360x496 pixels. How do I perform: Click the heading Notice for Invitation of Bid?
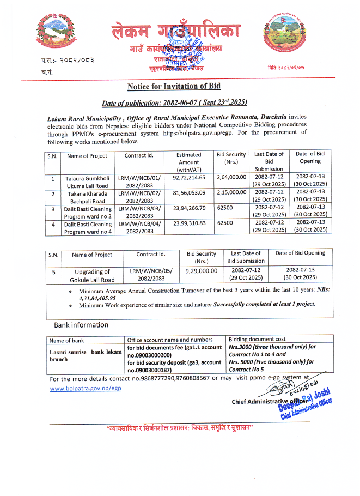[174, 87]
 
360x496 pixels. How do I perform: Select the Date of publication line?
[174, 103]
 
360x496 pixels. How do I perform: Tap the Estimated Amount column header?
[188, 162]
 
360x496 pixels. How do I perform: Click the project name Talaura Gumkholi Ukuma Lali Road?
[87, 182]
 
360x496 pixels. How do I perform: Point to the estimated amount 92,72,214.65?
[189, 178]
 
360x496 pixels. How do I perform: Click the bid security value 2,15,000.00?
[231, 193]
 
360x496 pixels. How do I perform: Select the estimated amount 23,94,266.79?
[189, 208]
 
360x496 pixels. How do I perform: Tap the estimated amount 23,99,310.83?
[189, 223]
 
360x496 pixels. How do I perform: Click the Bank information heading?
[81, 325]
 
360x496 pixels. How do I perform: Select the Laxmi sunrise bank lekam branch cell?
[86, 355]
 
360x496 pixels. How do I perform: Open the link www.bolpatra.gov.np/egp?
[86, 388]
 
